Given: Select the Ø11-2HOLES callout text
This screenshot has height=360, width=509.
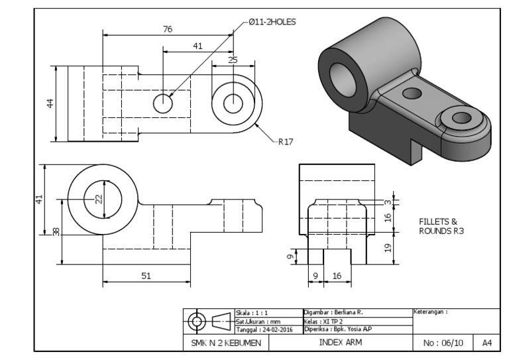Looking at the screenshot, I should [x=272, y=21].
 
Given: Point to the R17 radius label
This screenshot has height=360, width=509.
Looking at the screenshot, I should [x=286, y=141].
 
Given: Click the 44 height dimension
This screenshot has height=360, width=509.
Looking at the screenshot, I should [x=50, y=103].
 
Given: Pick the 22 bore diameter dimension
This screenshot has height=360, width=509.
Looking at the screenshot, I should [x=98, y=199].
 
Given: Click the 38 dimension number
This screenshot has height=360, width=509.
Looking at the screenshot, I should [x=56, y=231].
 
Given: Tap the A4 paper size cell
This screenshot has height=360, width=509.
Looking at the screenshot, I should [x=486, y=343].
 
